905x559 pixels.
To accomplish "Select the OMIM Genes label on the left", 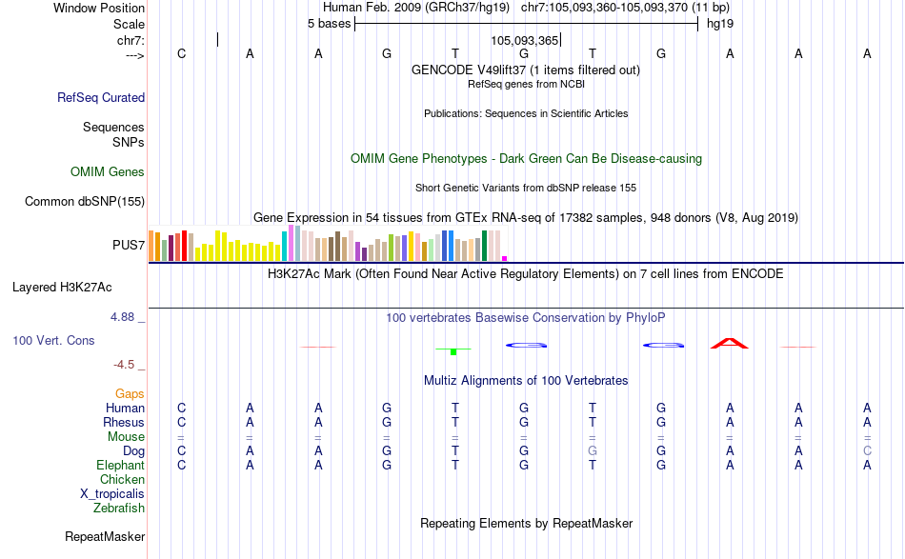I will click(x=108, y=172).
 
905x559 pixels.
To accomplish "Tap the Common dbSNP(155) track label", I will click(x=85, y=201).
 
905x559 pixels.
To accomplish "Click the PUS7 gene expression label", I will click(x=129, y=246).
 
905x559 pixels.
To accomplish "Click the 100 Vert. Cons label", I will click(x=53, y=340).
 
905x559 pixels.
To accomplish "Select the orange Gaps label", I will click(x=130, y=393).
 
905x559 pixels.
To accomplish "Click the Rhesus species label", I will click(x=125, y=422).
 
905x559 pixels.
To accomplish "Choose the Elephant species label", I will click(x=120, y=465).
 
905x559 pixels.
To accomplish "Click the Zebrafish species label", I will click(x=119, y=508).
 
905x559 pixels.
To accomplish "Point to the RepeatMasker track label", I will click(x=105, y=537).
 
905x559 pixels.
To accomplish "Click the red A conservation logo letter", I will click(x=730, y=343).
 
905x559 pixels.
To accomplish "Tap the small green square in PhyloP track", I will click(x=454, y=351).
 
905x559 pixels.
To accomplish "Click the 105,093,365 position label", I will click(x=524, y=40).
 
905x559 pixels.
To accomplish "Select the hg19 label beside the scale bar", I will click(x=719, y=23).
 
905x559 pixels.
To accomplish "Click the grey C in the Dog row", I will click(x=867, y=450).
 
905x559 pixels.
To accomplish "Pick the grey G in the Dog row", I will click(x=593, y=450).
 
